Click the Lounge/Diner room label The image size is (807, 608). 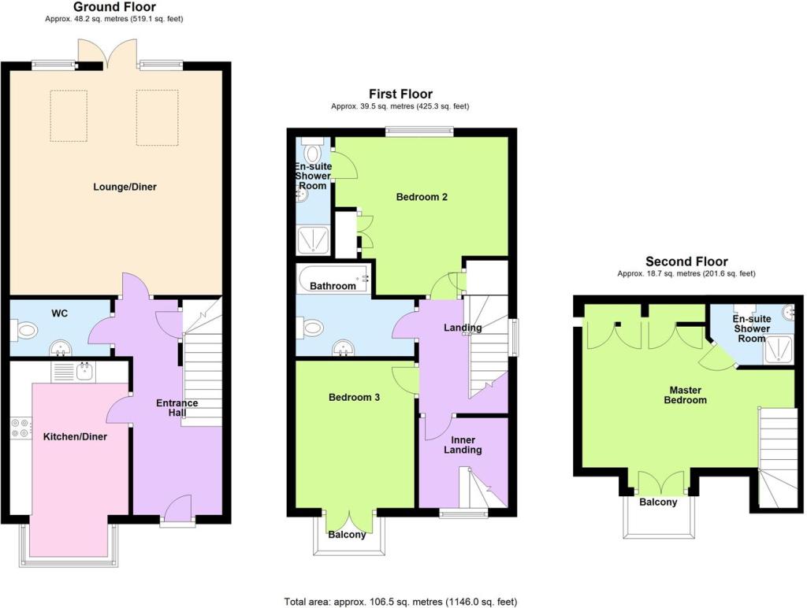(x=125, y=187)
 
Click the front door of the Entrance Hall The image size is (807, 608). (x=177, y=507)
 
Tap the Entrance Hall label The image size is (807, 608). (x=177, y=408)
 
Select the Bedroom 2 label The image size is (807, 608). (x=422, y=197)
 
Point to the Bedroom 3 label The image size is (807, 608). (x=354, y=398)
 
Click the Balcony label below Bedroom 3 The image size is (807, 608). (x=347, y=535)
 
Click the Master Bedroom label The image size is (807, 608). (x=688, y=395)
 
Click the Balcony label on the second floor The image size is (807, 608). (x=658, y=502)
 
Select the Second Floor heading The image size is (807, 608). (x=686, y=261)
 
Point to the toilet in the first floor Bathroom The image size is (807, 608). (x=309, y=327)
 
